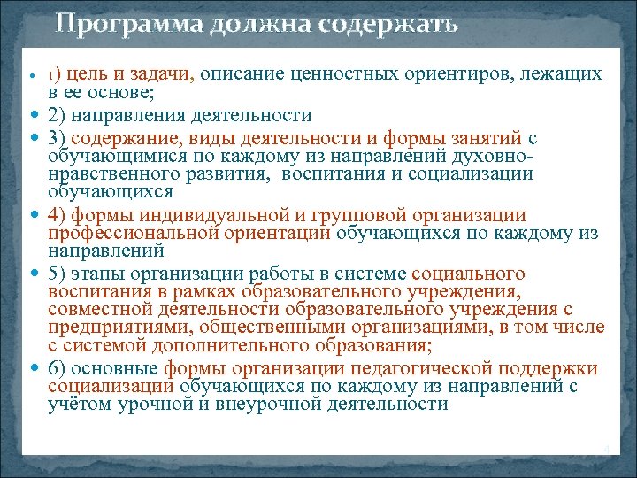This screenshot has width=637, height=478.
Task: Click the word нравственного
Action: (115, 173)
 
